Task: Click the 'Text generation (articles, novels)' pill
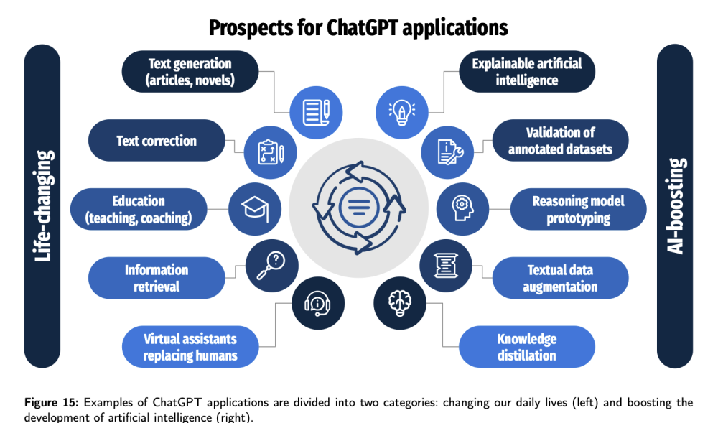coord(190,72)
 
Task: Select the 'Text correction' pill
coord(157,141)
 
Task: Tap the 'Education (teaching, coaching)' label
coord(139,209)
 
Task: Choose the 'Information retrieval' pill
coord(157,278)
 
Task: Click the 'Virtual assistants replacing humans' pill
coord(190,347)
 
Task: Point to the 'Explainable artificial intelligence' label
coord(527,72)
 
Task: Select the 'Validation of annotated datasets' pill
coord(560,141)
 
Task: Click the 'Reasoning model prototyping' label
coord(578,209)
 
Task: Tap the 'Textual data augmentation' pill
coord(560,278)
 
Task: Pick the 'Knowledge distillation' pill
coord(527,347)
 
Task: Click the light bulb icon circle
coord(401,113)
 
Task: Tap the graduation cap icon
coord(255,209)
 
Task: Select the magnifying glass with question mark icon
coord(271,266)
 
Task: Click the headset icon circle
coord(318,303)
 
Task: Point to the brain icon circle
coord(400,303)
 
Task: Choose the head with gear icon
coord(462,209)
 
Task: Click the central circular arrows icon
coord(359,208)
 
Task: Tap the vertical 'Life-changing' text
coord(42,206)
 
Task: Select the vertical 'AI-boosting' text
coord(676,206)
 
